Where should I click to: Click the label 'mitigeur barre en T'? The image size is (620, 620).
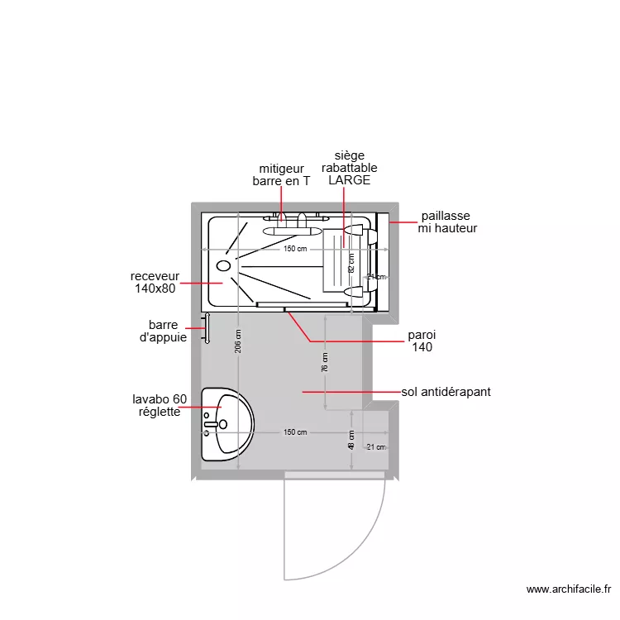(x=280, y=174)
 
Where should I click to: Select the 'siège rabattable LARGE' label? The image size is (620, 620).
(x=349, y=168)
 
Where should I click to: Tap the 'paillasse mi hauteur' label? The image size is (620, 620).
(x=447, y=222)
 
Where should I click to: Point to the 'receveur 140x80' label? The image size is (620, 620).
(x=155, y=283)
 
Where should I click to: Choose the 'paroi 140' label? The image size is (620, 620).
(x=422, y=341)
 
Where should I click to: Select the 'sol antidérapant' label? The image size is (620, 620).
(x=446, y=392)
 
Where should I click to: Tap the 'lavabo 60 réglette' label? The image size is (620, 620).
(x=165, y=406)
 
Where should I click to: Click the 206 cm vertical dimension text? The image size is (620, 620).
(x=238, y=341)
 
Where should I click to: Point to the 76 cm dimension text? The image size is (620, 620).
(x=325, y=362)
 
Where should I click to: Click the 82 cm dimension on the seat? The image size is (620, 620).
(x=351, y=263)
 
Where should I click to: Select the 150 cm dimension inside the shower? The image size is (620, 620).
(x=295, y=249)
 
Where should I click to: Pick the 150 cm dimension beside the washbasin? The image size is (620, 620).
(x=295, y=432)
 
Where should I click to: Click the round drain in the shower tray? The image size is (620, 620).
(x=223, y=266)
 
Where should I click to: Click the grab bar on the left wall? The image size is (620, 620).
(x=207, y=328)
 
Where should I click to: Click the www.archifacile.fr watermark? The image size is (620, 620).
(x=568, y=590)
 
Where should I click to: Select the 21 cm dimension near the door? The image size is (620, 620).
(x=376, y=447)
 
